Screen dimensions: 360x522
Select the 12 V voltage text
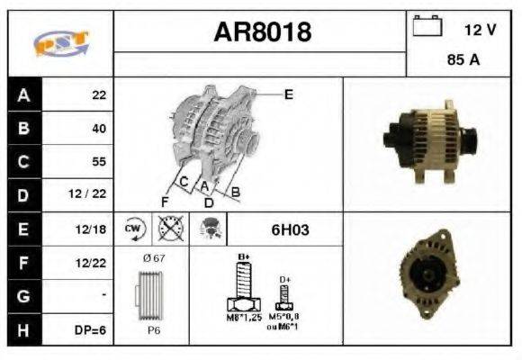click(480, 30)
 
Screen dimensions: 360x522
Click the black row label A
click(23, 94)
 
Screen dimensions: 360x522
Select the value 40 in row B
click(98, 129)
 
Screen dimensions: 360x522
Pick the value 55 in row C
click(98, 162)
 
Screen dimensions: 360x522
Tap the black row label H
click(23, 330)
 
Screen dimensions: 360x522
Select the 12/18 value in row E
click(94, 229)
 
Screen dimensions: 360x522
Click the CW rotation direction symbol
click(134, 229)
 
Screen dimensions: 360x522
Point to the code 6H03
click(290, 229)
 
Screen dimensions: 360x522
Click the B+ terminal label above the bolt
click(241, 257)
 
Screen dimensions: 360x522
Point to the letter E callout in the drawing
click(288, 93)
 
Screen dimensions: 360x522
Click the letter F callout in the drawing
click(165, 200)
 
